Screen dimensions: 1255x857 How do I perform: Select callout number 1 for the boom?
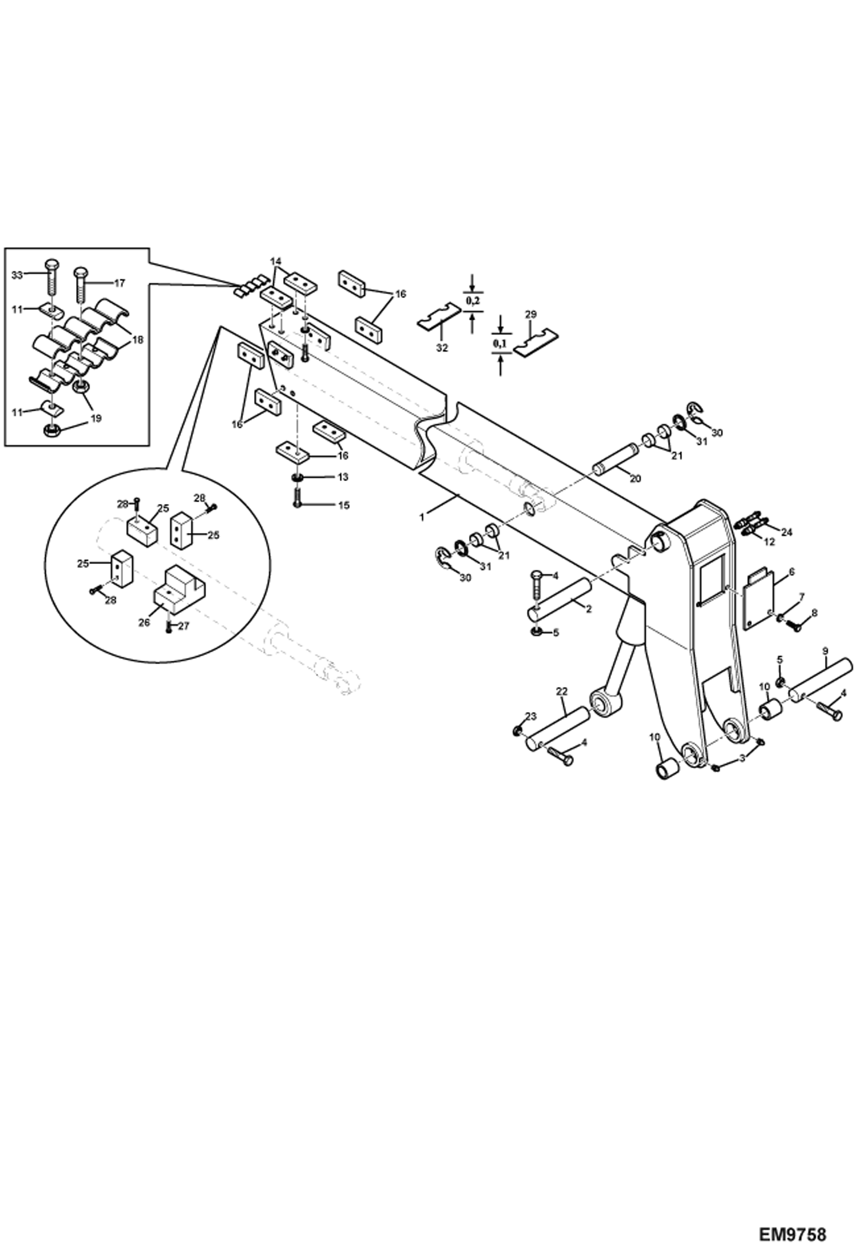422,517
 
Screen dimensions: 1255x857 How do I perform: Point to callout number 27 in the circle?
183,626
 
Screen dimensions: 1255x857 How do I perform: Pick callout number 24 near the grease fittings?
787,531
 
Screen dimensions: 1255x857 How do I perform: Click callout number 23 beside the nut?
531,716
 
